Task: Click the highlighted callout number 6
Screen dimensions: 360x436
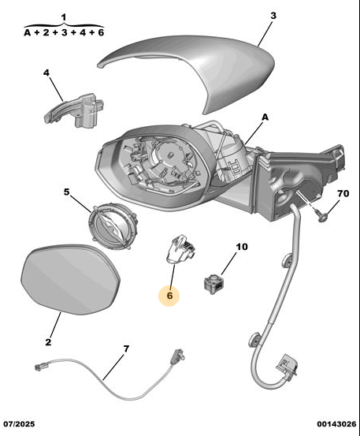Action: (x=169, y=296)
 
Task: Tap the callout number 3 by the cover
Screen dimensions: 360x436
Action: (x=273, y=16)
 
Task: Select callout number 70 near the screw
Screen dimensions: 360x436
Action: (x=343, y=193)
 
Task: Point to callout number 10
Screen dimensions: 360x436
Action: (x=242, y=247)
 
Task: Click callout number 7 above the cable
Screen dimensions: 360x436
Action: (x=126, y=348)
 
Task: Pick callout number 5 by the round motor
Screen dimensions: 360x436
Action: (x=67, y=192)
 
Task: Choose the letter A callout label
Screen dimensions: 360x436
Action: (x=265, y=117)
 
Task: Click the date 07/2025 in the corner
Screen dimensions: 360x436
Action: (x=19, y=423)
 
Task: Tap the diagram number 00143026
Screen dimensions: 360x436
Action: (x=336, y=423)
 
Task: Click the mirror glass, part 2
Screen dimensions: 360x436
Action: (x=70, y=280)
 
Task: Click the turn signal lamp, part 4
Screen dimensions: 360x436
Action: (x=75, y=110)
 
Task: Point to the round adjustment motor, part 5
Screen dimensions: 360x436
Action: (x=113, y=227)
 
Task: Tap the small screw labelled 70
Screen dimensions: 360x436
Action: (x=321, y=215)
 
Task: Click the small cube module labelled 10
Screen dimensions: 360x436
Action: (x=214, y=283)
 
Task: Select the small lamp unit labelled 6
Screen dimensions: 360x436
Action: (x=180, y=249)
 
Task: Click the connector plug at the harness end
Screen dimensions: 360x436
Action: (x=287, y=366)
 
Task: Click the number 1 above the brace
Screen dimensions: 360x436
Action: (x=64, y=17)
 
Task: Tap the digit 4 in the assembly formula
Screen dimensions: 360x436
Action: (x=82, y=32)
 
